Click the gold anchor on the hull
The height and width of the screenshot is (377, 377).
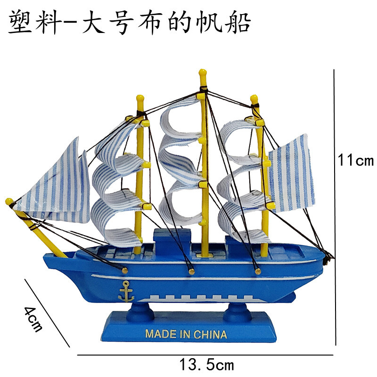tap(125, 292)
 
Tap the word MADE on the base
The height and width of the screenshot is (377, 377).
tap(159, 335)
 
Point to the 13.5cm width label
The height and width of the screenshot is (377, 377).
tap(206, 364)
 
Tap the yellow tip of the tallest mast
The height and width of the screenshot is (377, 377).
tap(203, 74)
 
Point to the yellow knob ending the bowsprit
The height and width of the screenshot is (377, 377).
tap(9, 202)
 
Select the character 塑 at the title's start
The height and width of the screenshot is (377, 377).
tap(21, 23)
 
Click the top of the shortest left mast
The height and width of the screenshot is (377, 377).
tap(139, 99)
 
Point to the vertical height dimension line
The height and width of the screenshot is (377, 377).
tap(335, 207)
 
